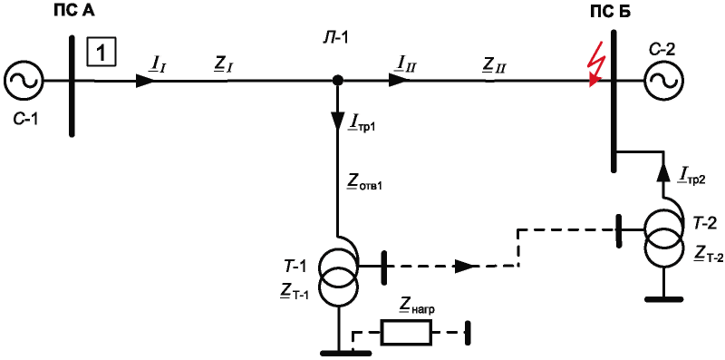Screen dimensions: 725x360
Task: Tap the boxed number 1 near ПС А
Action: point(101,53)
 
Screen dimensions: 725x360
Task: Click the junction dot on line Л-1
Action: point(338,81)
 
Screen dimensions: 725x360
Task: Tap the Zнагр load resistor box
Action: point(406,332)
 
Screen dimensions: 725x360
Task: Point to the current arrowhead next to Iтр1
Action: point(338,122)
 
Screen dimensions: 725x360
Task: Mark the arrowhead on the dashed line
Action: point(465,266)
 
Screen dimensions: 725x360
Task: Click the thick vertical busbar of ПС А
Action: point(72,81)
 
